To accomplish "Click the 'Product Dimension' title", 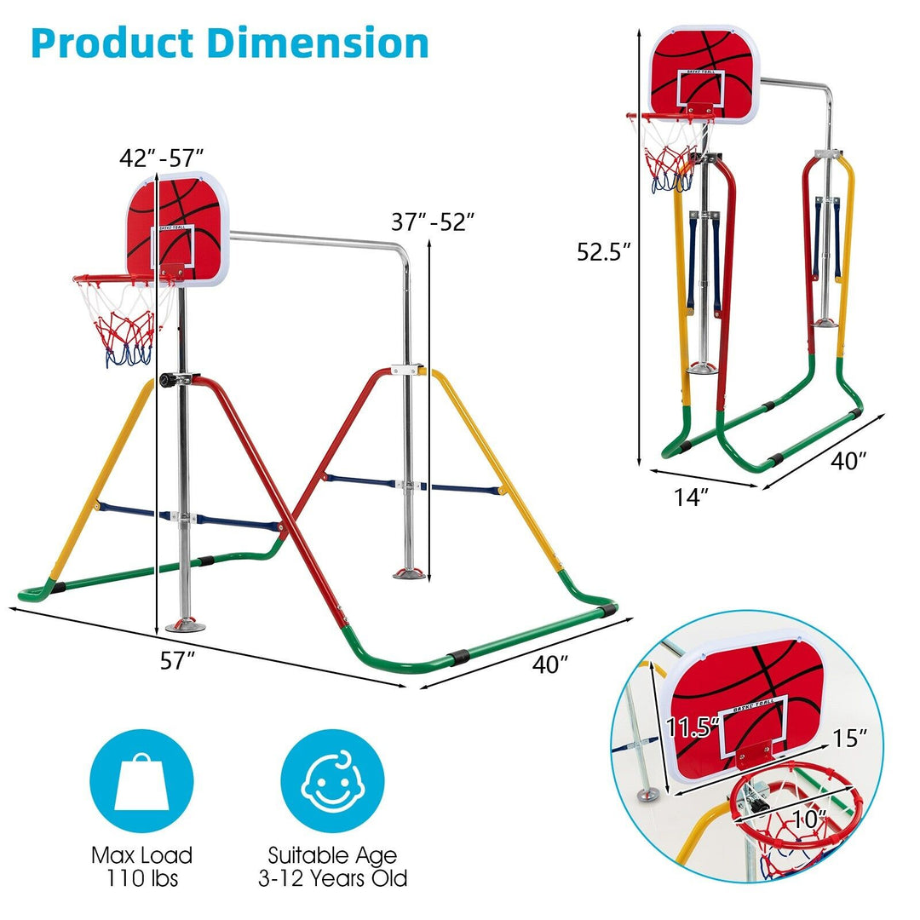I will (x=229, y=43).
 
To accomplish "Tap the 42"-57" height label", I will (x=162, y=157).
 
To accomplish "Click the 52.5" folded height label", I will (x=601, y=251).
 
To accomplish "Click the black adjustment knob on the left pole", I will (x=165, y=381).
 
